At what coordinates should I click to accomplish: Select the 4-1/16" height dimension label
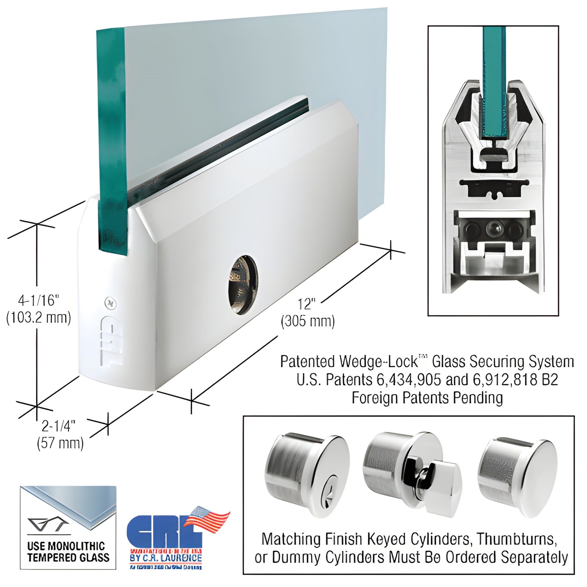click(x=39, y=301)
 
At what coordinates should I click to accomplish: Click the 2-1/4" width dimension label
click(x=59, y=426)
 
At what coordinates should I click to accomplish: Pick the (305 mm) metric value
click(x=308, y=321)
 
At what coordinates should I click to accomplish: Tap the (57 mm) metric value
click(x=60, y=443)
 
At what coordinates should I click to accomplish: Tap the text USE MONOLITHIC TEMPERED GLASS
click(x=68, y=552)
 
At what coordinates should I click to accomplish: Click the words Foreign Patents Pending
click(x=427, y=398)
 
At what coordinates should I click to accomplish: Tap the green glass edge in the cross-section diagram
click(x=494, y=81)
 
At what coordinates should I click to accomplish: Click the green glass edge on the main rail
click(x=111, y=142)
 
